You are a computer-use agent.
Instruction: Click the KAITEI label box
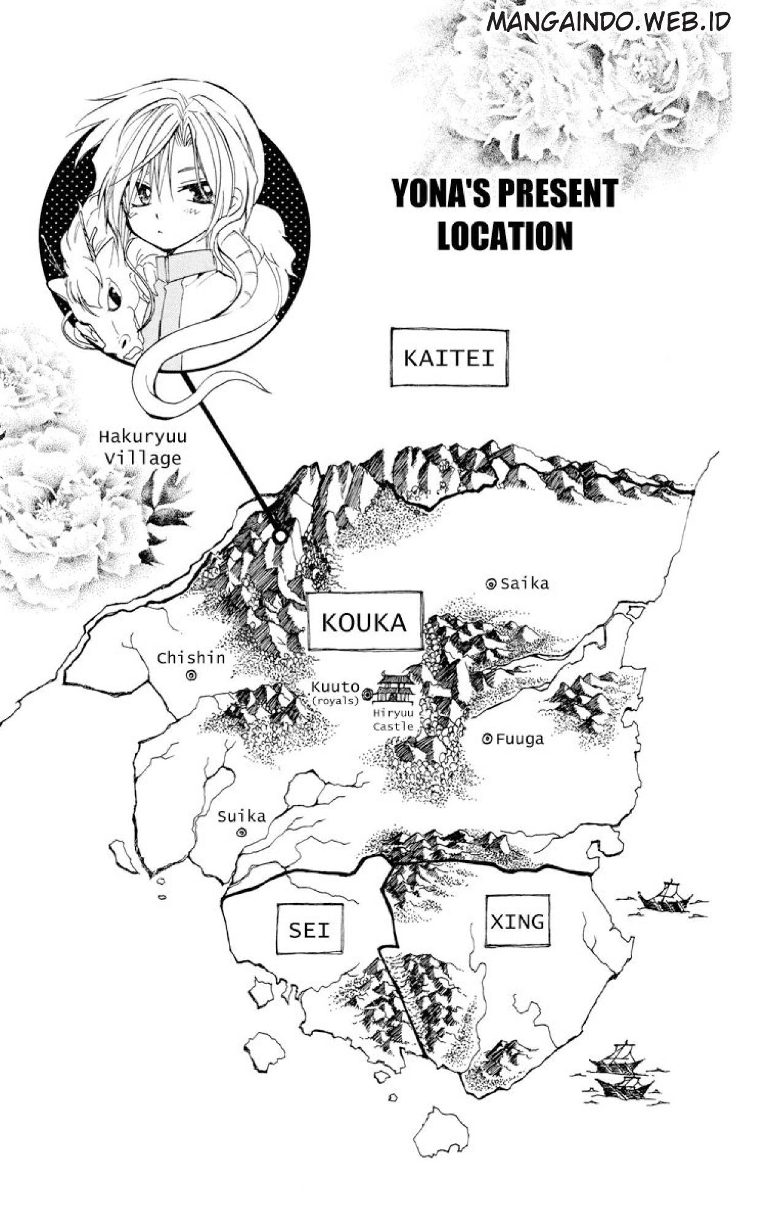[449, 358]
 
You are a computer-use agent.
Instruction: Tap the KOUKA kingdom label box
[364, 621]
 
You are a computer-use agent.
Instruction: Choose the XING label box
[517, 921]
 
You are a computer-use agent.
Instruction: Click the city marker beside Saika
[490, 584]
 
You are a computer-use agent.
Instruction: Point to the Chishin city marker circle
[191, 675]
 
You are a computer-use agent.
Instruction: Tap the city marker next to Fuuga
[487, 739]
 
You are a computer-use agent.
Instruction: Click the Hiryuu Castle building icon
[395, 689]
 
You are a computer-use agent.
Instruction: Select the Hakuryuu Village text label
[143, 448]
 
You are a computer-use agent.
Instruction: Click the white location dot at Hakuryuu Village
[280, 536]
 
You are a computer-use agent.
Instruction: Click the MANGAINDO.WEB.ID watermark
[607, 21]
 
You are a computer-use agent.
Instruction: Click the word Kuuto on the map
[335, 687]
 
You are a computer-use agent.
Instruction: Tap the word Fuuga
[520, 739]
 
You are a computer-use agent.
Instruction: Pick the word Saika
[525, 584]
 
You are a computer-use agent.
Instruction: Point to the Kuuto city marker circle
[368, 693]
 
